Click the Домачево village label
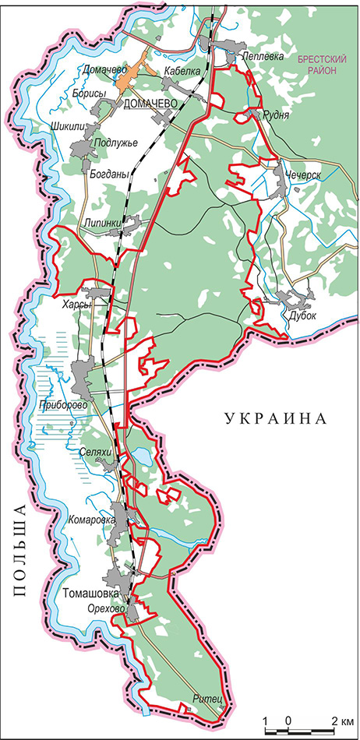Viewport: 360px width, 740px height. click(101, 70)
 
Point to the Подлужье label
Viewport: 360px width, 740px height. click(115, 143)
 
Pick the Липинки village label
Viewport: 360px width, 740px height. click(102, 224)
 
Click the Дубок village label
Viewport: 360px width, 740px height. click(303, 316)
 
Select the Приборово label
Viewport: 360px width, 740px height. click(62, 406)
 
